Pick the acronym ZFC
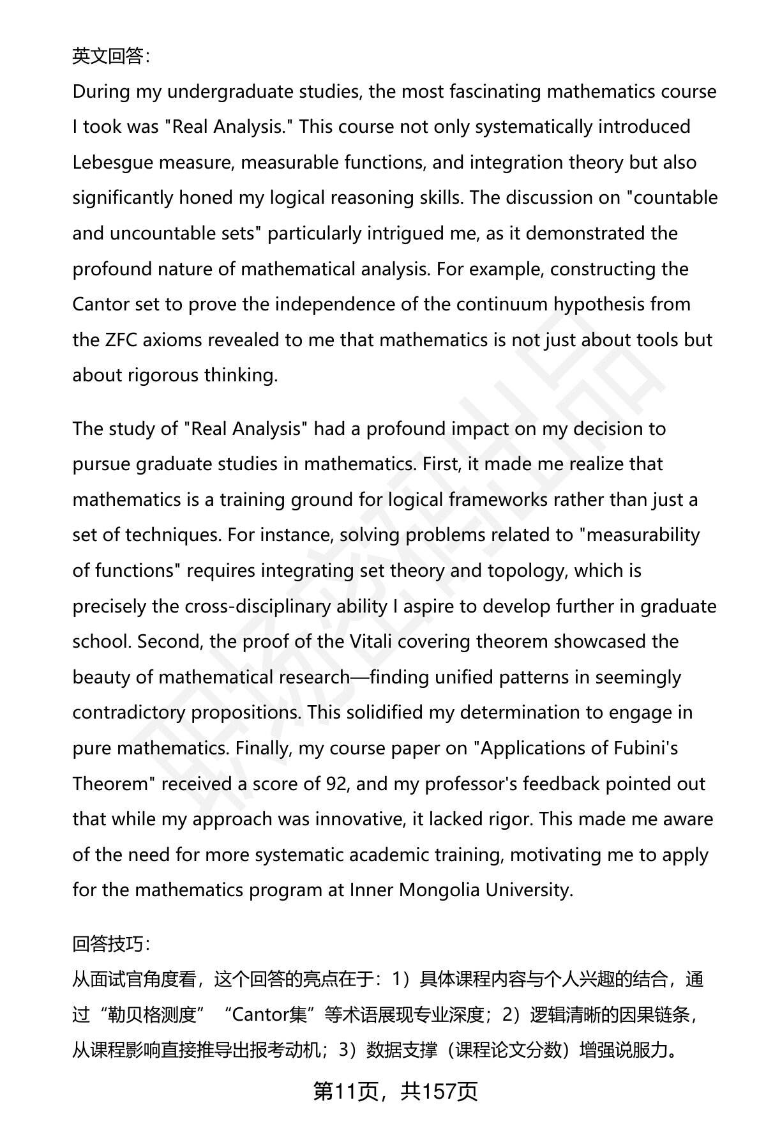pyautogui.click(x=121, y=340)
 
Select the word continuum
pyautogui.click(x=503, y=304)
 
